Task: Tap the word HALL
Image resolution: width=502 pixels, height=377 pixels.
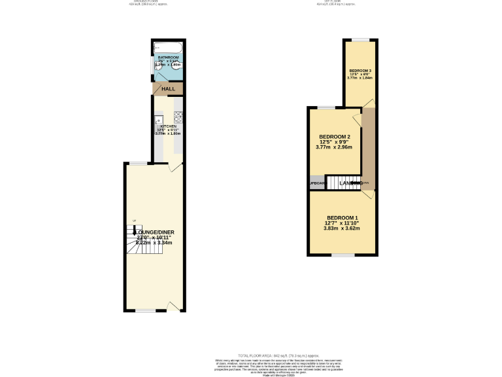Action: tap(169, 89)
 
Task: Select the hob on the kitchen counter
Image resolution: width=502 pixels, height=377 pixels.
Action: tap(178, 119)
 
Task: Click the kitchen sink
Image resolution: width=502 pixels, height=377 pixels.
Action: tap(158, 120)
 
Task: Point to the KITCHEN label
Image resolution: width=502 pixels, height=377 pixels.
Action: tap(169, 126)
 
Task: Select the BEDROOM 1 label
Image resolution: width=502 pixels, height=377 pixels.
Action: tap(343, 217)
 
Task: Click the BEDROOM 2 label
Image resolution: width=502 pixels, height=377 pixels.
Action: tap(333, 136)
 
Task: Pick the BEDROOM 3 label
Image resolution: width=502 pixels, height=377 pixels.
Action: tap(360, 70)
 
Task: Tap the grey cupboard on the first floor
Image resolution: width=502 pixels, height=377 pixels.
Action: tap(317, 183)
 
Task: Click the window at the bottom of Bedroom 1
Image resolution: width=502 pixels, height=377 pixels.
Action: tap(341, 255)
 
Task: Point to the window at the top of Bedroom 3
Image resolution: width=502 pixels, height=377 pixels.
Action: tap(360, 40)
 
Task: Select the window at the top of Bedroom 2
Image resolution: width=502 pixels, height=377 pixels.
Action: tap(326, 107)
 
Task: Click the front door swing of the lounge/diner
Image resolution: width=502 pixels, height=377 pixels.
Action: tap(173, 306)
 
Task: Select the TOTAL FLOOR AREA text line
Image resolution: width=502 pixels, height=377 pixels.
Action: tap(250, 354)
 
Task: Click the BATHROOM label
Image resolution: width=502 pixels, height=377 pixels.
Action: tap(168, 58)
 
